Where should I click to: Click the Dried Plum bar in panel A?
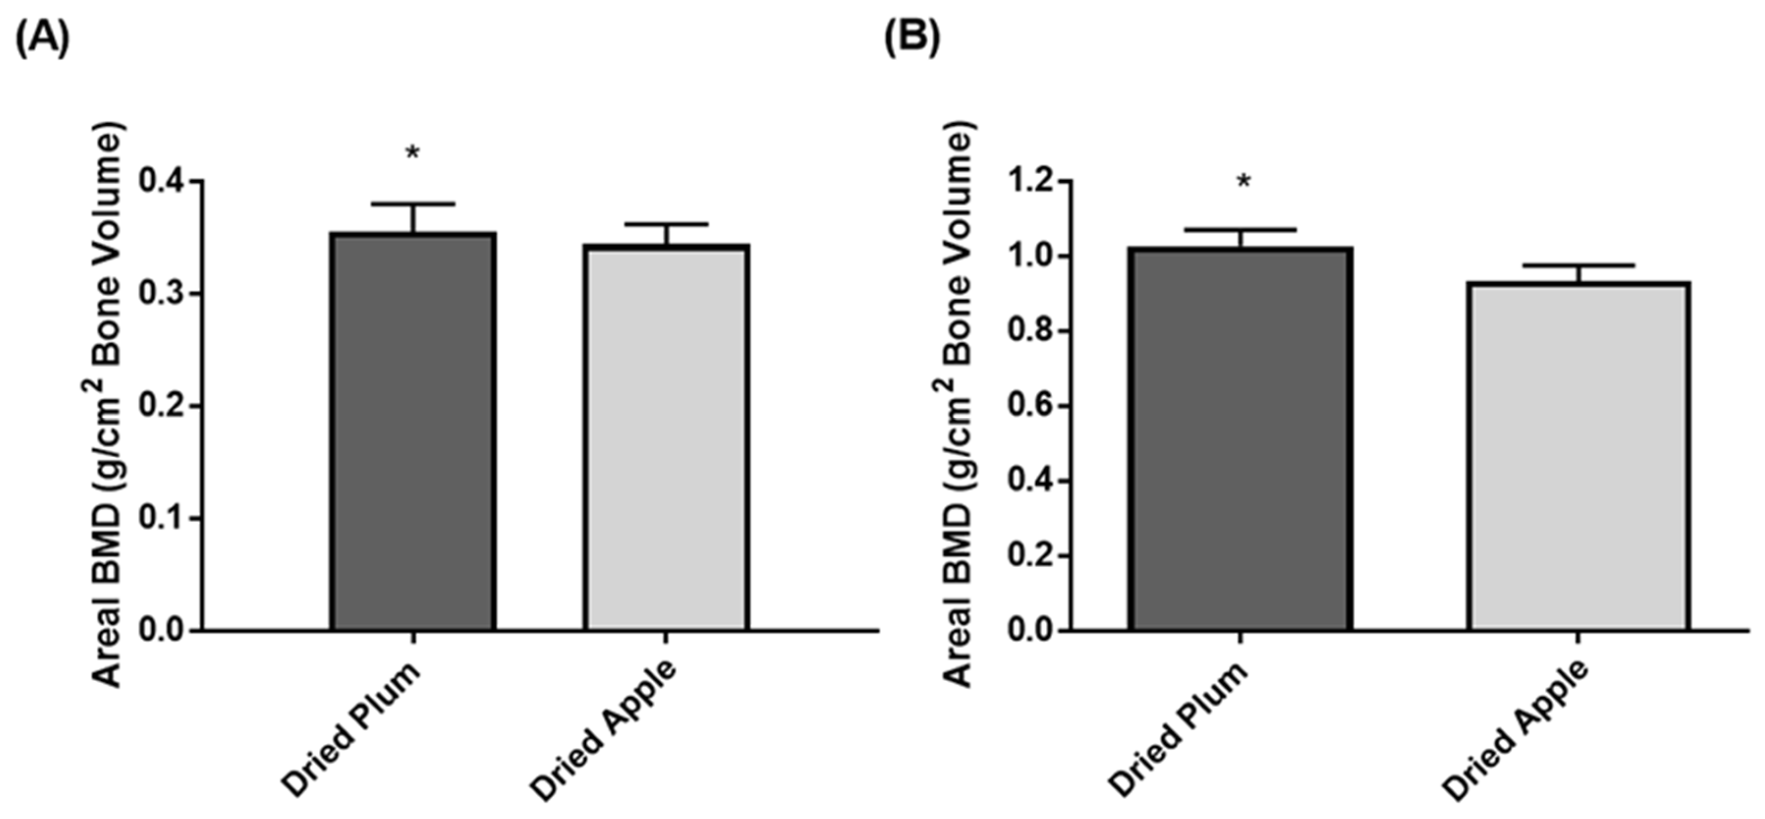[x=413, y=432]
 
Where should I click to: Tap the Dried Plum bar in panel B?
[x=1240, y=439]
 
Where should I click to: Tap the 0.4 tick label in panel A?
[x=162, y=182]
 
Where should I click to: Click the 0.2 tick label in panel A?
[x=162, y=406]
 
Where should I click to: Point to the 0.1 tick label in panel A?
[x=162, y=518]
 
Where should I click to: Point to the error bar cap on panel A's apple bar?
[x=666, y=224]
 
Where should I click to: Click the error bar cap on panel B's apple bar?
[x=1579, y=264]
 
